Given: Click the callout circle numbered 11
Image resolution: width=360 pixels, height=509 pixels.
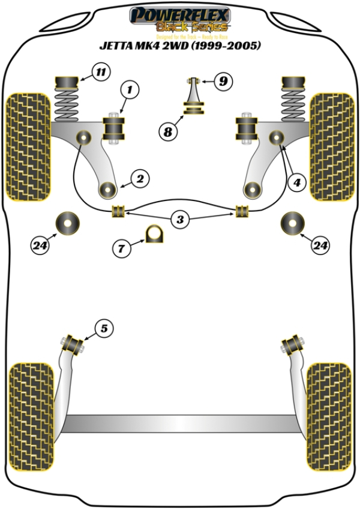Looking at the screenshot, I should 100,74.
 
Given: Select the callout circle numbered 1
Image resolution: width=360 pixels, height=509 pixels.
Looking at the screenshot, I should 131,91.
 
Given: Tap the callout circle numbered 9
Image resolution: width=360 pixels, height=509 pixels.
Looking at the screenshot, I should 223,80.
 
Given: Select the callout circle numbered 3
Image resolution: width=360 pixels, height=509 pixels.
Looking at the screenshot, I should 179,219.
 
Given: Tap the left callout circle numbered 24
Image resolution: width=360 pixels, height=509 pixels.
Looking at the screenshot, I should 40,244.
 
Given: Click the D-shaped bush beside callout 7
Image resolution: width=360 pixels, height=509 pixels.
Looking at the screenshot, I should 155,235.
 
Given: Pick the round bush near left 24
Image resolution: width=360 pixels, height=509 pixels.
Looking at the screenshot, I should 68,224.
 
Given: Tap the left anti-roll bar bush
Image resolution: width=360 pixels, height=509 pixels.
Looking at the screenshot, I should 118,211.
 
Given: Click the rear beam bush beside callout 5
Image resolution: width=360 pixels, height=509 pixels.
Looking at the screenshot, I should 73,344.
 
